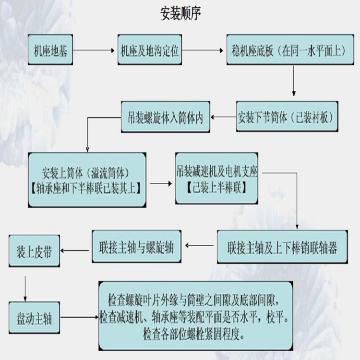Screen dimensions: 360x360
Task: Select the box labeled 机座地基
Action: (x=50, y=50)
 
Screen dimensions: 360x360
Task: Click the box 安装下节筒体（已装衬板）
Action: (x=287, y=117)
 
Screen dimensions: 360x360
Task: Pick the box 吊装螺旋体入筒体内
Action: (x=166, y=117)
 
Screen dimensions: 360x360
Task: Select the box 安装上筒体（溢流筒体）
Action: (x=86, y=180)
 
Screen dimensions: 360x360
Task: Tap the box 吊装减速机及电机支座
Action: (x=217, y=178)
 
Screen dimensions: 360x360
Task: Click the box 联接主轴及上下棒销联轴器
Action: (x=282, y=247)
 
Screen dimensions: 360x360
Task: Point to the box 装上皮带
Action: (x=34, y=251)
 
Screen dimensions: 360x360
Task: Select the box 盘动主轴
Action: (x=34, y=317)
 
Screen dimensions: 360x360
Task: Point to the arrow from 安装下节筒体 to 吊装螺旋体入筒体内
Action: (x=224, y=117)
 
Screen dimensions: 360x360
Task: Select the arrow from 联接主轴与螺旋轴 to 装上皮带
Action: (x=76, y=251)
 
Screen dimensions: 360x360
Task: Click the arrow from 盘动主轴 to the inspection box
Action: (x=79, y=317)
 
